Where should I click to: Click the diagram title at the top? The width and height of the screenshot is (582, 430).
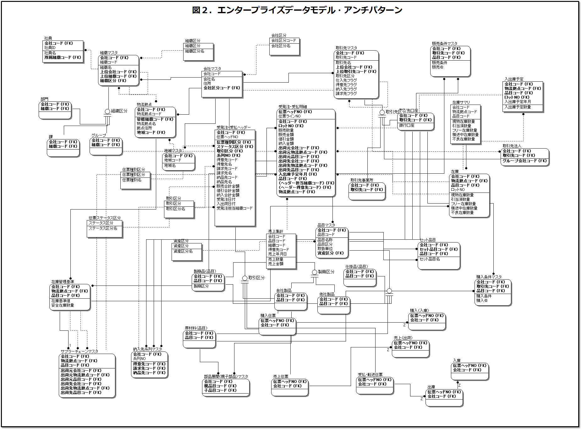coord(297,10)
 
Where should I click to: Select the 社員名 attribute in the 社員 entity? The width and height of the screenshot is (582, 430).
coord(50,53)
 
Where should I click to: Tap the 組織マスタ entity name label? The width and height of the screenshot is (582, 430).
coord(109,53)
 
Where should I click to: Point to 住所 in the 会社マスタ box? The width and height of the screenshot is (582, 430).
coord(207,84)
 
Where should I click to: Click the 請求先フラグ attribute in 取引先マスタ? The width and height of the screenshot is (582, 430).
coord(346,94)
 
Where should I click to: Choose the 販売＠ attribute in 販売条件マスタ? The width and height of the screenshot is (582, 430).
coord(438,67)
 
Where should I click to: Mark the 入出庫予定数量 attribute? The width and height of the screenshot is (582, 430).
coord(518,107)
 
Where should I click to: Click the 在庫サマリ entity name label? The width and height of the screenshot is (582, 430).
coord(461,102)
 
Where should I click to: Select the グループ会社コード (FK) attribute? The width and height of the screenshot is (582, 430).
coord(524,161)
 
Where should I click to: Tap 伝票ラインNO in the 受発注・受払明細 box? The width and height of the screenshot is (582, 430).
coord(289,116)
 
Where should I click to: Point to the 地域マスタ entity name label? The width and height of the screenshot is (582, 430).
coord(173,151)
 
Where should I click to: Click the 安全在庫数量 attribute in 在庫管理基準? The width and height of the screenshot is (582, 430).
coord(63,305)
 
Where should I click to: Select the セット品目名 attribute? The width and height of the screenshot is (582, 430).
coord(430,259)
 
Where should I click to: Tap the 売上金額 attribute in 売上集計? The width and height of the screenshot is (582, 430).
coord(276,264)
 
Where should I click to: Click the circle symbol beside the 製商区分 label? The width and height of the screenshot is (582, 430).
coord(314,272)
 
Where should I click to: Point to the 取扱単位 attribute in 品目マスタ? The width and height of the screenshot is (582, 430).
coord(325,249)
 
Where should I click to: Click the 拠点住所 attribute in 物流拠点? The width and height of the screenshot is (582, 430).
coord(144,128)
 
